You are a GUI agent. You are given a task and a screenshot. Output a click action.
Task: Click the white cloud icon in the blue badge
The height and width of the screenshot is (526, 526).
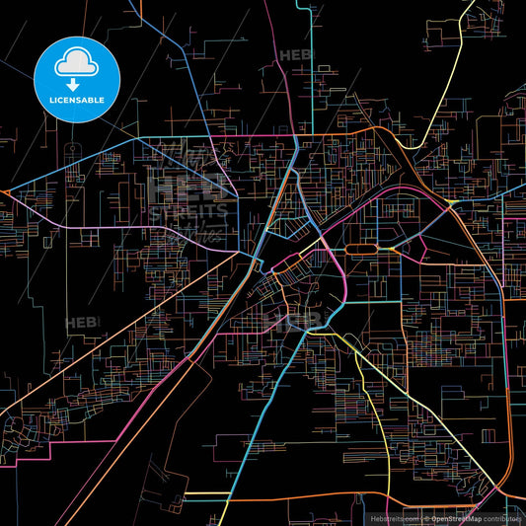pos(76,62)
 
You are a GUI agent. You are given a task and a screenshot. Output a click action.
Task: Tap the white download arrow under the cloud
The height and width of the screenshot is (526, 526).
pos(76,78)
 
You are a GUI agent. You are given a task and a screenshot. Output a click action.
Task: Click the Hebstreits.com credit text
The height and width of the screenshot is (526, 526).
pos(393,518)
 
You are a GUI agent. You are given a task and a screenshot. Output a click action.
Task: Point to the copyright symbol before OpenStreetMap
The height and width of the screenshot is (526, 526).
pos(425,518)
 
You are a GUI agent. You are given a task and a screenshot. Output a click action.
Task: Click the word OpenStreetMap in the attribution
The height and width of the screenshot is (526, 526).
pos(455,518)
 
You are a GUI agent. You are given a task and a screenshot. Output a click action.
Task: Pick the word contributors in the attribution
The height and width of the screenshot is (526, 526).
pos(502,518)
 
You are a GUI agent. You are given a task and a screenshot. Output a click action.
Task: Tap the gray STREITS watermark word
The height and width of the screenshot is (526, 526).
pos(188,210)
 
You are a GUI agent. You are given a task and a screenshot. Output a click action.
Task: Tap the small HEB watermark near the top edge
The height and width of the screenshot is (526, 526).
pos(293,56)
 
